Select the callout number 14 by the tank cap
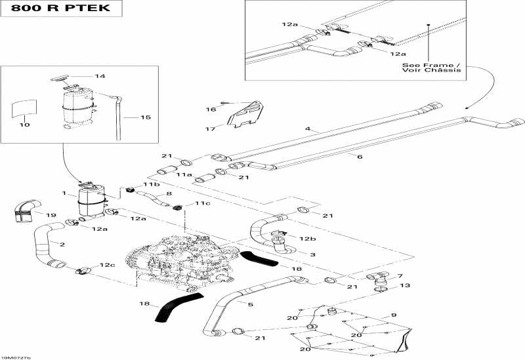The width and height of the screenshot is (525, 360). coord(100,76)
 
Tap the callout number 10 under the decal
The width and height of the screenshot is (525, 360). coord(24,125)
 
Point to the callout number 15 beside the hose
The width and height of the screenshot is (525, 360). coord(145,117)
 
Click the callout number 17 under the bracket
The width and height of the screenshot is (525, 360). coord(210,129)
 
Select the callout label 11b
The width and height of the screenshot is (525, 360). coord(152,186)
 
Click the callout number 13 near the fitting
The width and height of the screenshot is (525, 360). coord(405,285)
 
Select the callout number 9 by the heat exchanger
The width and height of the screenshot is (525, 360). coord(394,315)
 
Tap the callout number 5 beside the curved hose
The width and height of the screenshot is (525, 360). coord(250,304)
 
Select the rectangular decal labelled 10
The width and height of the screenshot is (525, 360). coord(24,108)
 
